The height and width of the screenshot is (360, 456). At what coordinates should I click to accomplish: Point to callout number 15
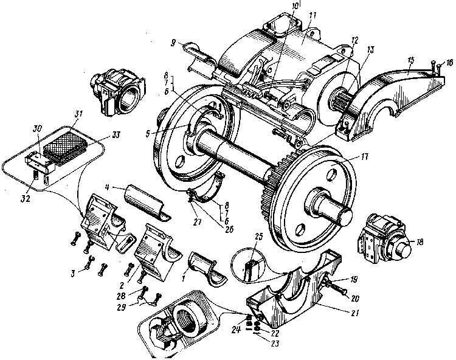(411, 60)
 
